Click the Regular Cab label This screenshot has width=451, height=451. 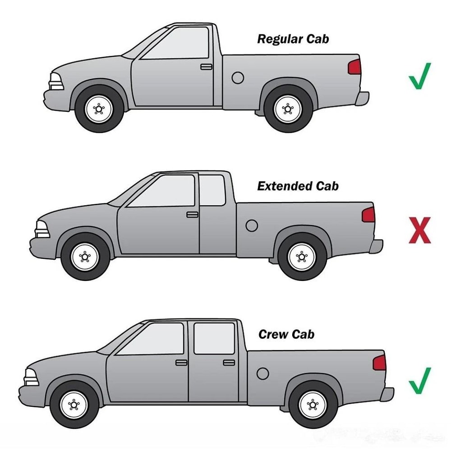pyautogui.click(x=293, y=39)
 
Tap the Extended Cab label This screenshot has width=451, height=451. pyautogui.click(x=298, y=186)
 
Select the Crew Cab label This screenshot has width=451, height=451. pyautogui.click(x=286, y=334)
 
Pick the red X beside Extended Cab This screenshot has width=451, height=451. pyautogui.click(x=419, y=230)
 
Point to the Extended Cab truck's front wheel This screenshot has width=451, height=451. pyautogui.click(x=85, y=258)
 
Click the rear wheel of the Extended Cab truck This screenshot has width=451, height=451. pyautogui.click(x=302, y=258)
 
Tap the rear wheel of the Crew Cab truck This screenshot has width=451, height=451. pyautogui.click(x=313, y=404)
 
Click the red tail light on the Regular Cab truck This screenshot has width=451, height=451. pyautogui.click(x=354, y=67)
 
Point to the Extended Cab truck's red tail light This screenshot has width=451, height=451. pyautogui.click(x=368, y=215)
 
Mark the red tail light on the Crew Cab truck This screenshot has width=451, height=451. pyautogui.click(x=380, y=363)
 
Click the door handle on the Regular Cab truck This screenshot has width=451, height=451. pyautogui.click(x=206, y=67)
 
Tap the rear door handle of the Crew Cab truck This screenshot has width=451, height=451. pyautogui.click(x=229, y=362)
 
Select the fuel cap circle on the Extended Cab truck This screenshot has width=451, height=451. pyautogui.click(x=252, y=225)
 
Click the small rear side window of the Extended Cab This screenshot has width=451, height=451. pyautogui.click(x=212, y=190)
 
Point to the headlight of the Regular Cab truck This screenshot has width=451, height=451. pyautogui.click(x=56, y=82)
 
